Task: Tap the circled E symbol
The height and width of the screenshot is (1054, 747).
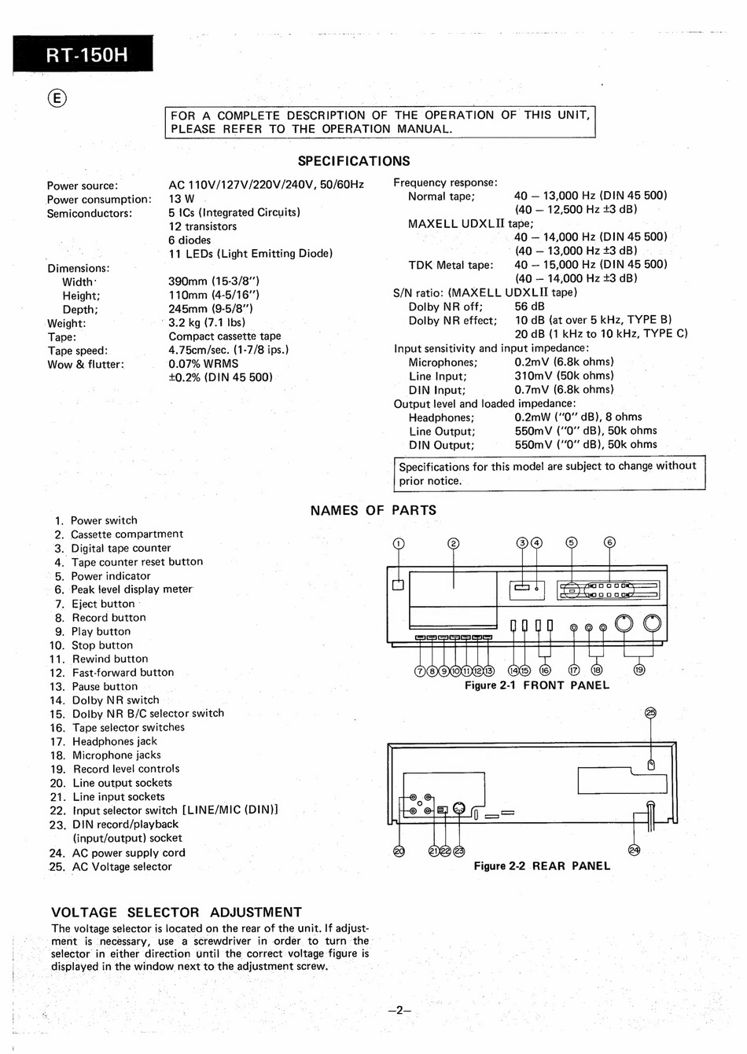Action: tap(57, 98)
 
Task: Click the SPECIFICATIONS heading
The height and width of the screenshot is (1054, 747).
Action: tap(354, 161)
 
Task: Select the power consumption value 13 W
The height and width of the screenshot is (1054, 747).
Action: tap(182, 199)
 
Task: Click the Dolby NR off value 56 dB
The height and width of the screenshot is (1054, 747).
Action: tap(531, 307)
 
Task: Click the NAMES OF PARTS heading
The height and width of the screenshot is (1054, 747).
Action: tap(373, 510)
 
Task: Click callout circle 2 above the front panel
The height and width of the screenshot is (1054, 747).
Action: tap(453, 543)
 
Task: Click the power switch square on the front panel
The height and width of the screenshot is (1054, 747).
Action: tap(398, 584)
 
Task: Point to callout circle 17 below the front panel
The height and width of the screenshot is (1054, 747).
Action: tap(574, 670)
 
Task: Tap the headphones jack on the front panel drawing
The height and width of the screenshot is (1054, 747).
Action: tap(574, 627)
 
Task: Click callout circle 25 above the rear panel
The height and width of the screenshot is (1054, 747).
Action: tap(650, 714)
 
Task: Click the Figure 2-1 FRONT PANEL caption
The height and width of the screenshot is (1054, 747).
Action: tap(536, 685)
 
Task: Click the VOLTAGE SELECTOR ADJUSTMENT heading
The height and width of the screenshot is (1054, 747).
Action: tap(176, 913)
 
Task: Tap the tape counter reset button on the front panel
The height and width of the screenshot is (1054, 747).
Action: tap(537, 588)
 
